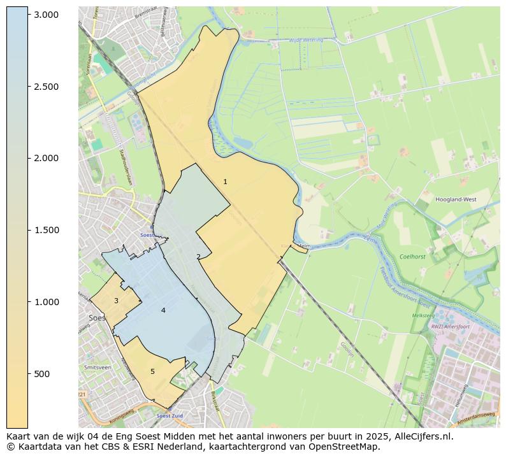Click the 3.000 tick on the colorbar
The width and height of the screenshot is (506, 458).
[x=47, y=15]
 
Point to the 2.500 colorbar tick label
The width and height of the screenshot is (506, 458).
[x=47, y=87]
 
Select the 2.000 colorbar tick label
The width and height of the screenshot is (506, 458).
[x=47, y=159]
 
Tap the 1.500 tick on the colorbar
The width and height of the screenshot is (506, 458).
[x=47, y=230]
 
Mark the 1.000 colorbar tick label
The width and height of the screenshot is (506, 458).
[x=47, y=302]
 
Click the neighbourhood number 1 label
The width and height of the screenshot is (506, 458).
[x=225, y=182]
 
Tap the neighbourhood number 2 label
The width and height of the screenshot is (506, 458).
[x=198, y=257]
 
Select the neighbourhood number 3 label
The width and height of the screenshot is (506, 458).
[x=116, y=301]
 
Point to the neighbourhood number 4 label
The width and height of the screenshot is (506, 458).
[x=163, y=310]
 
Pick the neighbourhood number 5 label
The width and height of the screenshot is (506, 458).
[x=152, y=371]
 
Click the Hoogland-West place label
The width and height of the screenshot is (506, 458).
[x=456, y=199]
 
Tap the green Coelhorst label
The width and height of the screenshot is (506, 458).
[x=412, y=257]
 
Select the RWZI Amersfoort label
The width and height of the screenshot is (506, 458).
[x=450, y=327]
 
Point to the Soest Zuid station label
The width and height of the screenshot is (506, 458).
[x=170, y=416]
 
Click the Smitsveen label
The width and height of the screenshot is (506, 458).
[x=98, y=368]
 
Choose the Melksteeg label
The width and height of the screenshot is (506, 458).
[x=423, y=315]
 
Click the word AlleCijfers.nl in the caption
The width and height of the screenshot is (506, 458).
[x=422, y=437]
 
